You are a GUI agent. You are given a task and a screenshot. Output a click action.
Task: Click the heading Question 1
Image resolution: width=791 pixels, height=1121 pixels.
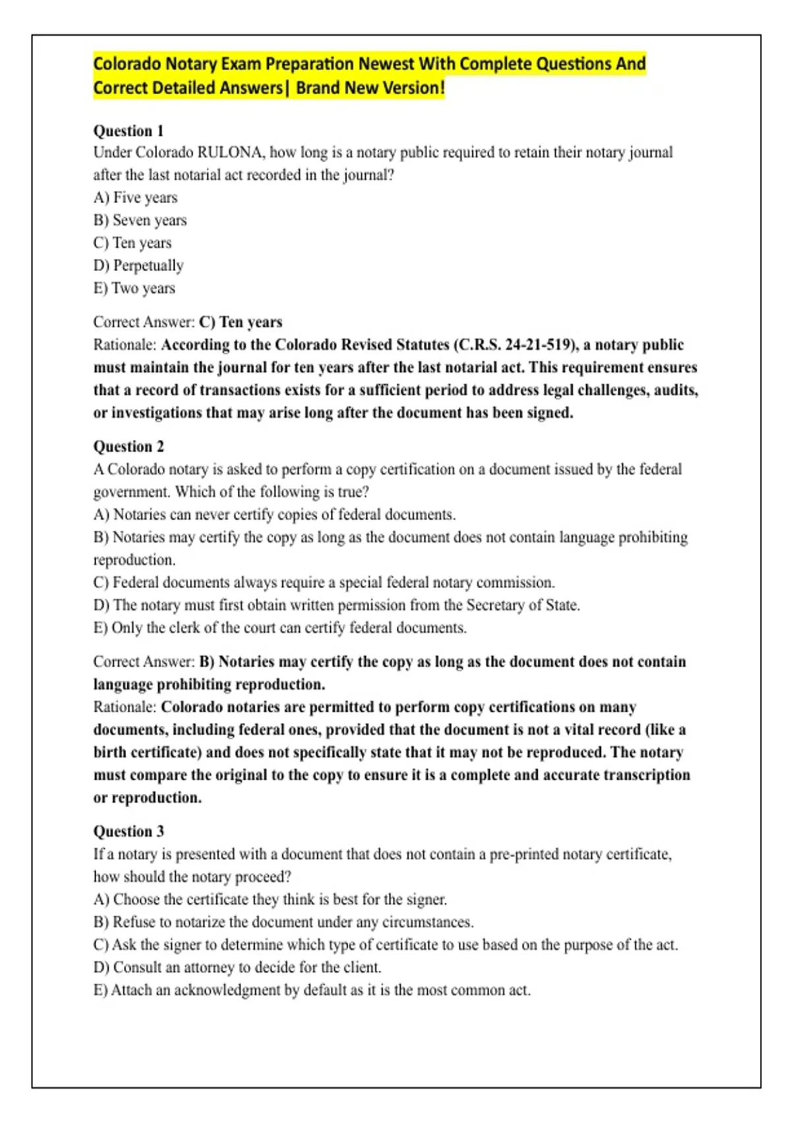click(x=129, y=131)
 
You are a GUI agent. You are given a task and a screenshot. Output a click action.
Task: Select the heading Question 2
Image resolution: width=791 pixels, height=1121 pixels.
click(x=129, y=446)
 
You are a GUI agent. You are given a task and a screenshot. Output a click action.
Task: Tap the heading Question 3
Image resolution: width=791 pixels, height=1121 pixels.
click(x=129, y=831)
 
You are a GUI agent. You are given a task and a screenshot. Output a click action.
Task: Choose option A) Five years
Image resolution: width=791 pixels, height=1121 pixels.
click(x=135, y=198)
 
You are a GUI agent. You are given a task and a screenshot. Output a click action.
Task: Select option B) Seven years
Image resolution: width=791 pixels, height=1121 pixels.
click(x=140, y=220)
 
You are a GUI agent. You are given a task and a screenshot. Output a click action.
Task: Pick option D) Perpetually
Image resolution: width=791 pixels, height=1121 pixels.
click(x=138, y=266)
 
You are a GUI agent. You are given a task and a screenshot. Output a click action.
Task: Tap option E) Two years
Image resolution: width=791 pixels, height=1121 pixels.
click(x=134, y=288)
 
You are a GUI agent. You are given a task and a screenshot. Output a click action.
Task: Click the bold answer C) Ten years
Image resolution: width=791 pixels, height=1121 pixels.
click(x=241, y=322)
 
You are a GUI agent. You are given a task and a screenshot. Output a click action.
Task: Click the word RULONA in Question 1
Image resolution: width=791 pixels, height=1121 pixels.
click(x=229, y=152)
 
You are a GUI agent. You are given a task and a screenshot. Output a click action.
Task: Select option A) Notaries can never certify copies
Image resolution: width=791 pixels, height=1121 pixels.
click(x=274, y=514)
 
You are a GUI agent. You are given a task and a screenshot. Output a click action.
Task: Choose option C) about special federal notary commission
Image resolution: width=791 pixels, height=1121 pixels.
click(x=324, y=582)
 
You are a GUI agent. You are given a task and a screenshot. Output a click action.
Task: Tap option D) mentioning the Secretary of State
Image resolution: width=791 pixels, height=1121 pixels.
click(x=336, y=605)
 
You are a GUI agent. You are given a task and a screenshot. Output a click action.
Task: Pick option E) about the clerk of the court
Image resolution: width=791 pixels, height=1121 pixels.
click(x=279, y=628)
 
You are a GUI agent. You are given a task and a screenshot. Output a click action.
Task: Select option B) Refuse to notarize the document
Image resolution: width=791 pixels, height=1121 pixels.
click(x=283, y=922)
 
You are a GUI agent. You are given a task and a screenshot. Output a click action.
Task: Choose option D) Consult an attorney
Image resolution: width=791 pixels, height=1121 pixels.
click(x=237, y=967)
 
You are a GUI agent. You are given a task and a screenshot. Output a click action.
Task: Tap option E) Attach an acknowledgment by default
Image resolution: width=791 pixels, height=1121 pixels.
click(x=312, y=990)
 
